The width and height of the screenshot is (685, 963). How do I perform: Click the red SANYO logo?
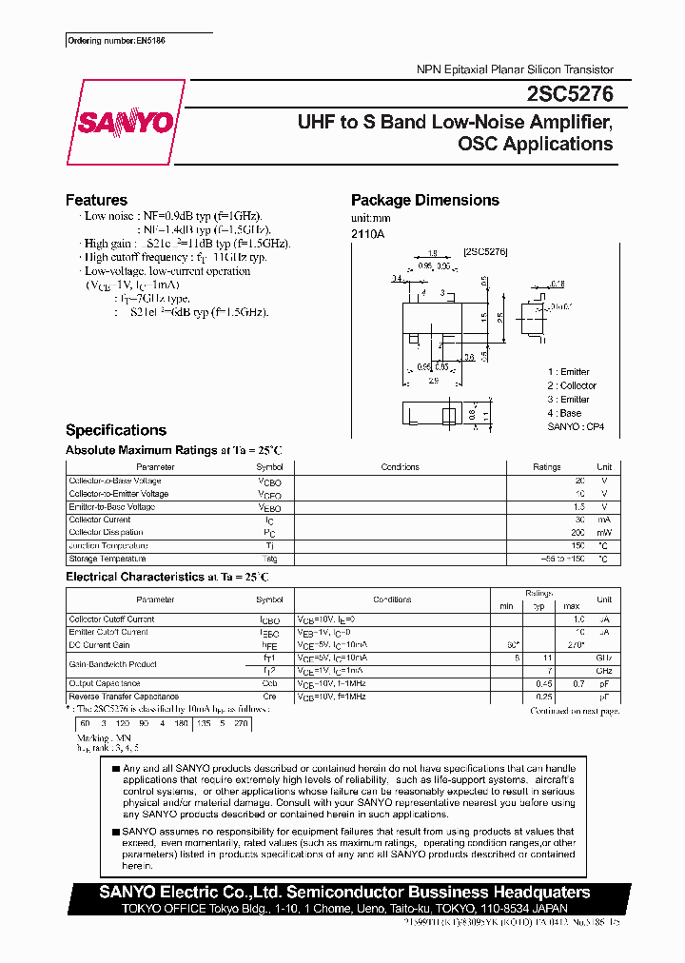(x=125, y=122)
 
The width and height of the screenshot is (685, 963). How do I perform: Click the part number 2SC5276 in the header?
(x=569, y=94)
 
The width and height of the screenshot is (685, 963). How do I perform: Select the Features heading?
(x=96, y=200)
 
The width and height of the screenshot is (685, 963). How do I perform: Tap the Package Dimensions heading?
(x=424, y=200)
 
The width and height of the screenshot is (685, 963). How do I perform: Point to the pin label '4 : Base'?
(x=564, y=414)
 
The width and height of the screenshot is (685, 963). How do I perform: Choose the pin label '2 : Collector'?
(x=572, y=385)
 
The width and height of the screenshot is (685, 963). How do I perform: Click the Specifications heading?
(x=115, y=430)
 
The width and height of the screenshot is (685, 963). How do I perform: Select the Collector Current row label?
(x=100, y=520)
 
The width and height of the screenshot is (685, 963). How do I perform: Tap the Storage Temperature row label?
(x=108, y=559)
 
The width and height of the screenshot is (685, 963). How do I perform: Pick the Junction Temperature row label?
(x=108, y=545)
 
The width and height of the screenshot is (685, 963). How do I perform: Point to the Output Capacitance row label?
(x=105, y=683)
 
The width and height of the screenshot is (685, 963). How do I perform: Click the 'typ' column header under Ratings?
(x=538, y=606)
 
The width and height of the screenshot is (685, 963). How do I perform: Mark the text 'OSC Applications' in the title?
(x=535, y=145)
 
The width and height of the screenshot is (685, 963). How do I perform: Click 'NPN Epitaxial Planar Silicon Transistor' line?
(x=515, y=70)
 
